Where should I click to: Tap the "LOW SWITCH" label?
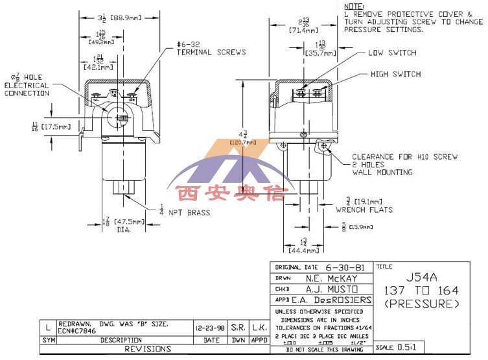click(x=392, y=53)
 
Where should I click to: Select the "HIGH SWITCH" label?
click(x=395, y=75)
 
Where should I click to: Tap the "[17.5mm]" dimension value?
click(x=55, y=126)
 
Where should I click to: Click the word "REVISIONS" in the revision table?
click(x=149, y=349)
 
